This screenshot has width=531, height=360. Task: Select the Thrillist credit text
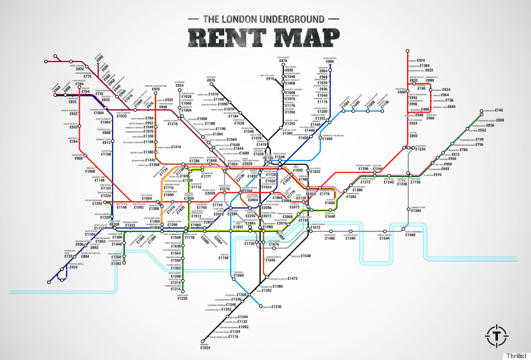click(x=516, y=355)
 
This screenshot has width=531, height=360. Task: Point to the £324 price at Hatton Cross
click(x=74, y=267)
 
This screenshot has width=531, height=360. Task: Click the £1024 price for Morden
click(x=205, y=348)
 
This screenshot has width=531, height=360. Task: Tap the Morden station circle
click(x=203, y=342)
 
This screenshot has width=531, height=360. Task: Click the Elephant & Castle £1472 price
click(x=293, y=278)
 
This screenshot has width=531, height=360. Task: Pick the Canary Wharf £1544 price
click(x=385, y=238)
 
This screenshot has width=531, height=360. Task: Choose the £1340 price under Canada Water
click(x=351, y=238)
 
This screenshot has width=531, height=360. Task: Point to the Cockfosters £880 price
click(x=330, y=61)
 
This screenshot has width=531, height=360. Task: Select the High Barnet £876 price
click(x=283, y=61)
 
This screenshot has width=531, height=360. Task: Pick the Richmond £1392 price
click(x=117, y=263)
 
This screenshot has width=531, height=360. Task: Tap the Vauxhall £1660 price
click(x=239, y=276)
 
